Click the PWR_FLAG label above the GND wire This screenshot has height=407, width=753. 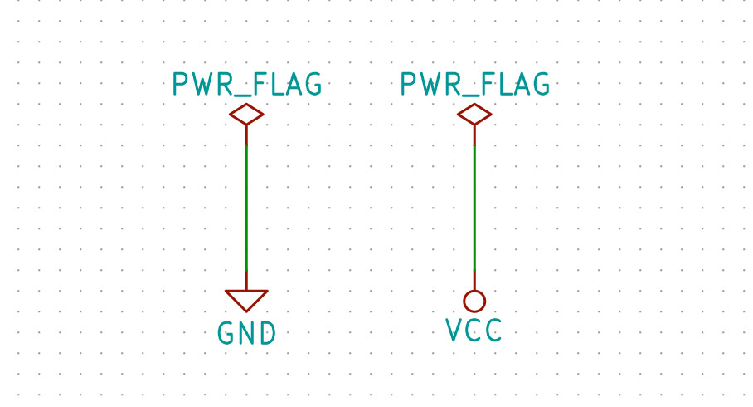pyautogui.click(x=246, y=85)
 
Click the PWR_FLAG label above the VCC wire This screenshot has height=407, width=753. pyautogui.click(x=474, y=85)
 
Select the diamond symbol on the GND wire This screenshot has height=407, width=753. pyautogui.click(x=246, y=115)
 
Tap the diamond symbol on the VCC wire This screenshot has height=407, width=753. pyautogui.click(x=474, y=115)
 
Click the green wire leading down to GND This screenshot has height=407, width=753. pyautogui.click(x=246, y=208)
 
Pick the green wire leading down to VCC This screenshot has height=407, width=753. pyautogui.click(x=474, y=208)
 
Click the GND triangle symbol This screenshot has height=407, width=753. pyautogui.click(x=246, y=299)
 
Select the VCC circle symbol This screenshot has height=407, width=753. pyautogui.click(x=474, y=301)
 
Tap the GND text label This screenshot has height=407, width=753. pyautogui.click(x=246, y=334)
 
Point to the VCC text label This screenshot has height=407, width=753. pyautogui.click(x=474, y=331)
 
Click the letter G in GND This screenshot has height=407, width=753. pyautogui.click(x=226, y=334)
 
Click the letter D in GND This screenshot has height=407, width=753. pyautogui.click(x=266, y=334)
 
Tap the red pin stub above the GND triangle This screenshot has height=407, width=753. pyautogui.click(x=246, y=281)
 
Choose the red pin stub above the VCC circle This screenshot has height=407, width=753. pyautogui.click(x=474, y=281)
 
